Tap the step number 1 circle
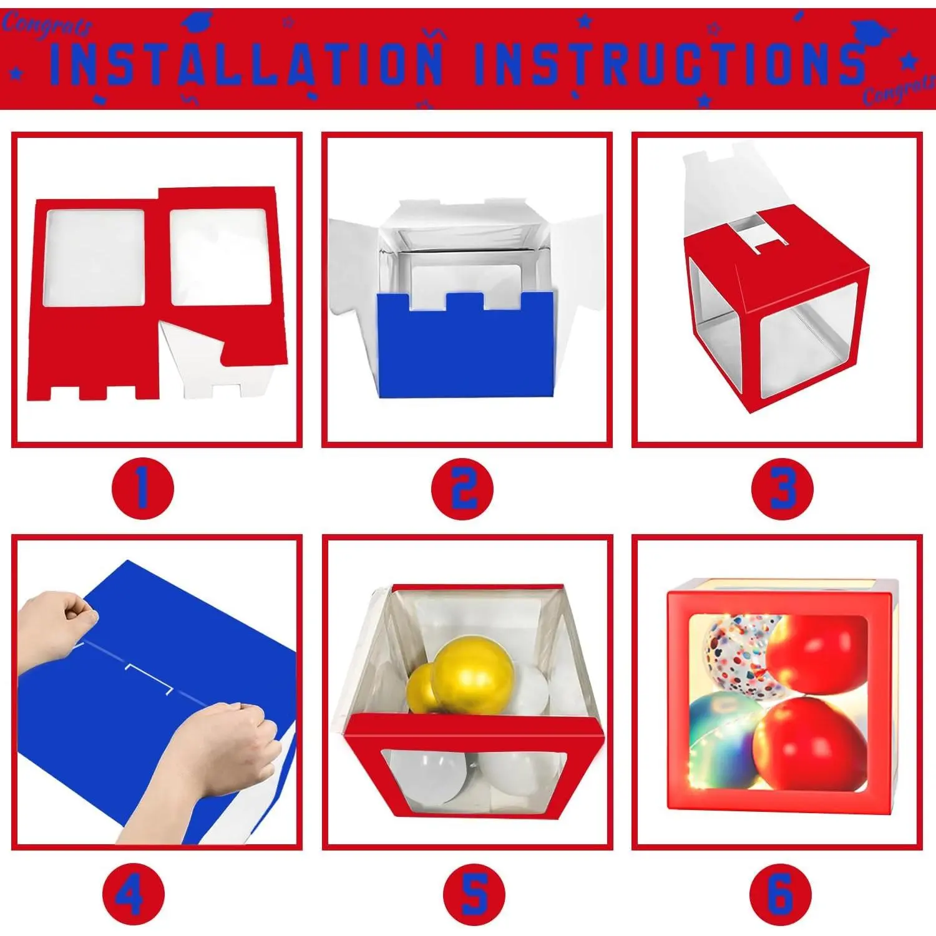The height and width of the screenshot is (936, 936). click(142, 489)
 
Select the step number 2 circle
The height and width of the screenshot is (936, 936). click(462, 489)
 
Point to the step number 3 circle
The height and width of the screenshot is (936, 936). click(782, 489)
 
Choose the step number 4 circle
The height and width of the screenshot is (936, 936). click(133, 894)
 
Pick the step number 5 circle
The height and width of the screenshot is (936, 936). click(474, 894)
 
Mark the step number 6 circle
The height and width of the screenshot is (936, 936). click(781, 894)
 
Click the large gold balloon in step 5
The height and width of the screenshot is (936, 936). click(474, 677)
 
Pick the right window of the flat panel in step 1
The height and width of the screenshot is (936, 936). click(220, 256)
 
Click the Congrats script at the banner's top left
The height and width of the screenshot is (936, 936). click(47, 25)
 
